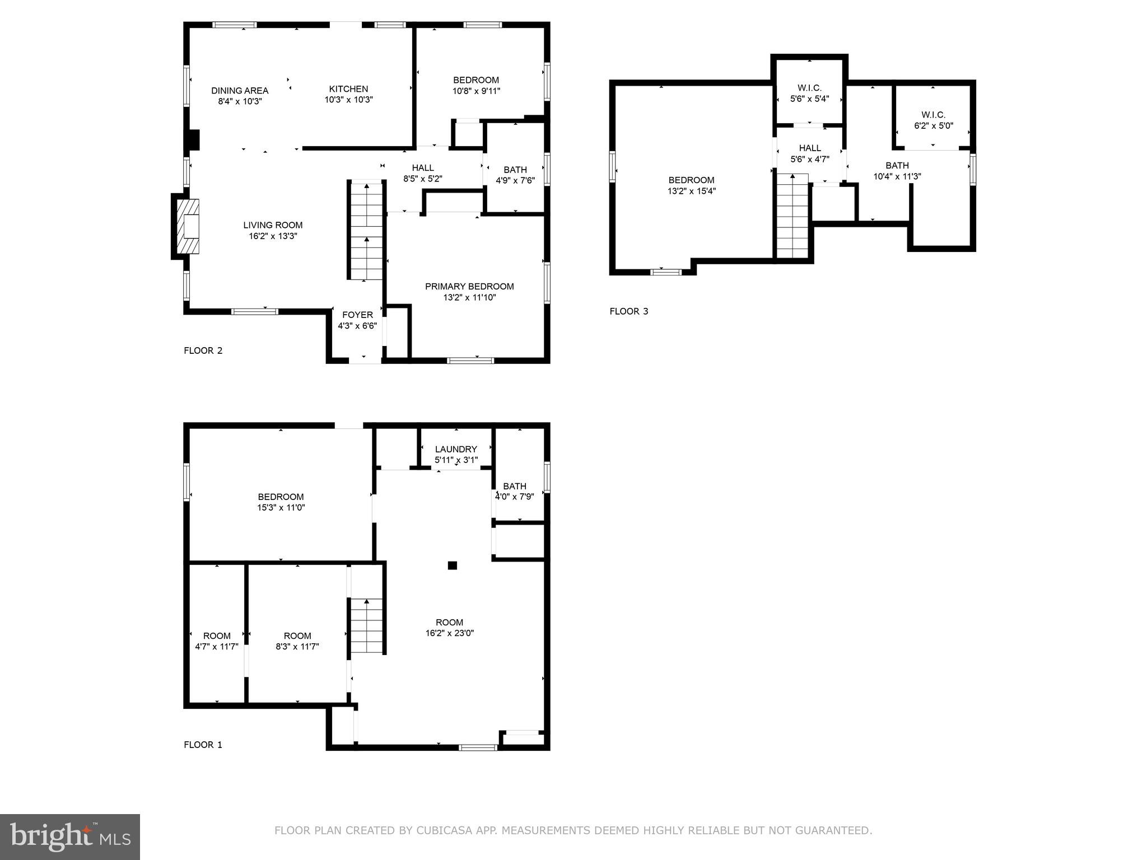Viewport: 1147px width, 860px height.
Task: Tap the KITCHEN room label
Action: point(348,89)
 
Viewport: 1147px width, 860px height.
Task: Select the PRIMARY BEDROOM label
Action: point(469,286)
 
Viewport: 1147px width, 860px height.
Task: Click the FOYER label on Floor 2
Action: point(357,315)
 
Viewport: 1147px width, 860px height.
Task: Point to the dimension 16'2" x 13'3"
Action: point(273,236)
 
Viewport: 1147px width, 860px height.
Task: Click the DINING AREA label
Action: point(240,91)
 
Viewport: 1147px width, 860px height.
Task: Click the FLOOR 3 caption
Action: point(628,311)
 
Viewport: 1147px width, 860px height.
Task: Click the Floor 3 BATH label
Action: point(897,166)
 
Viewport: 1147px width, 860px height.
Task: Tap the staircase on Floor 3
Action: point(792,216)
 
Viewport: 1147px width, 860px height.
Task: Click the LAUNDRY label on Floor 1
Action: point(456,449)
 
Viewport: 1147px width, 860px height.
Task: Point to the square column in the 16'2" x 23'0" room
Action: point(452,565)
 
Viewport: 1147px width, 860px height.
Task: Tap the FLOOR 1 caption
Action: point(203,745)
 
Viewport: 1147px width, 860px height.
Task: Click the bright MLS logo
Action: point(69,837)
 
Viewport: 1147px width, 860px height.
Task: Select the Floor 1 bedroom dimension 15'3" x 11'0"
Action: point(281,508)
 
